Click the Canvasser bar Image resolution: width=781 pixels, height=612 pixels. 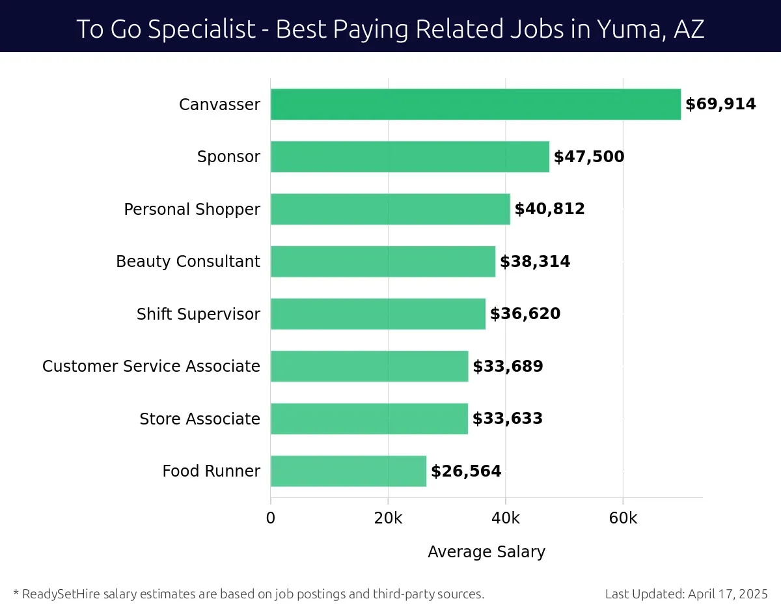click(475, 104)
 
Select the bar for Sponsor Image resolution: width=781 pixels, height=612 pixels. click(409, 156)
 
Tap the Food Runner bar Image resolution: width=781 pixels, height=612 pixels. click(348, 471)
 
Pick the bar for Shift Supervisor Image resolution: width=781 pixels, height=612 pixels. click(377, 314)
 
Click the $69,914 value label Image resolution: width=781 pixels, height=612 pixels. click(720, 104)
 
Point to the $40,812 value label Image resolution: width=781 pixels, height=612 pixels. click(549, 209)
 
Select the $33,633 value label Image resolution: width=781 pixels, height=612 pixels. click(507, 419)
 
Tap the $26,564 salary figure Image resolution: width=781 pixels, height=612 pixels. click(466, 471)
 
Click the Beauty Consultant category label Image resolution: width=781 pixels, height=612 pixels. click(188, 262)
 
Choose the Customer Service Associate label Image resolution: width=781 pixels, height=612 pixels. click(151, 367)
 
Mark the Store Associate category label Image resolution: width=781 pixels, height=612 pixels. click(200, 419)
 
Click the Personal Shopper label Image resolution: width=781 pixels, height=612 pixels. click(192, 210)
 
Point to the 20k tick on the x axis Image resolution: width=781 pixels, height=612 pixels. click(388, 519)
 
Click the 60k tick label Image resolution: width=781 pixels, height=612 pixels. click(623, 519)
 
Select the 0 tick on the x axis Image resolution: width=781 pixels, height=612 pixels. click(271, 519)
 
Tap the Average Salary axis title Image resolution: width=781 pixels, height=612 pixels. click(486, 552)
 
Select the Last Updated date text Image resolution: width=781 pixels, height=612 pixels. click(686, 594)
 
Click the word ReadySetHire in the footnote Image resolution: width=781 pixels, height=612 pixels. click(60, 594)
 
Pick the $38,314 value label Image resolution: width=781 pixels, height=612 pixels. click(535, 262)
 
